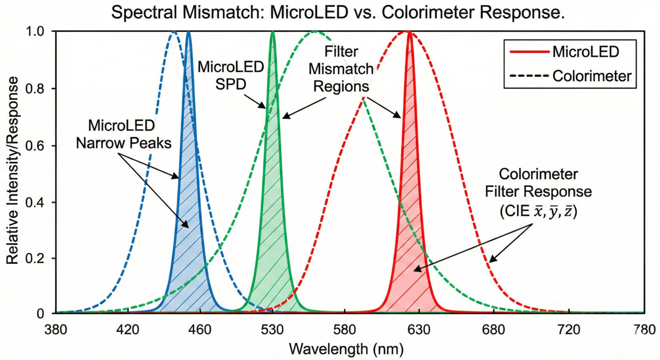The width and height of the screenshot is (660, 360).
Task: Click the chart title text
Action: coord(338,13)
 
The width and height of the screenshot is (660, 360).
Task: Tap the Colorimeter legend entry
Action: coord(570,76)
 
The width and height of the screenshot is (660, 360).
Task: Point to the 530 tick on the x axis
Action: coord(272,330)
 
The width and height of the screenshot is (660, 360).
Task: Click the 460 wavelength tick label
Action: coord(200,330)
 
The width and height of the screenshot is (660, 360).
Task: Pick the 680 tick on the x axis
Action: coord(493,330)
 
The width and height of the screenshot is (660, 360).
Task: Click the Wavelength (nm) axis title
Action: coord(346,348)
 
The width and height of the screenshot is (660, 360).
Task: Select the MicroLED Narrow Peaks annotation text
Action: coord(123,134)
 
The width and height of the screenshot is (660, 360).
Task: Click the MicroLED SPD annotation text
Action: coord(231,75)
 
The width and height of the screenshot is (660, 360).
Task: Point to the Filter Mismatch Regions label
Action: coord(341,69)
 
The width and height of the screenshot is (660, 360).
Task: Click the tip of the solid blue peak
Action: coord(188,32)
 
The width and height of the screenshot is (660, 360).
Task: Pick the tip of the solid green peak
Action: coord(272,32)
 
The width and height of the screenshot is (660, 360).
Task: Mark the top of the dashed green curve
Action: coord(315,31)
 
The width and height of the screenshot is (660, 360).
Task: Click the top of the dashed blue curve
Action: coord(174,31)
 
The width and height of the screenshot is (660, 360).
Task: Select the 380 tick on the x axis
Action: coord(56,330)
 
